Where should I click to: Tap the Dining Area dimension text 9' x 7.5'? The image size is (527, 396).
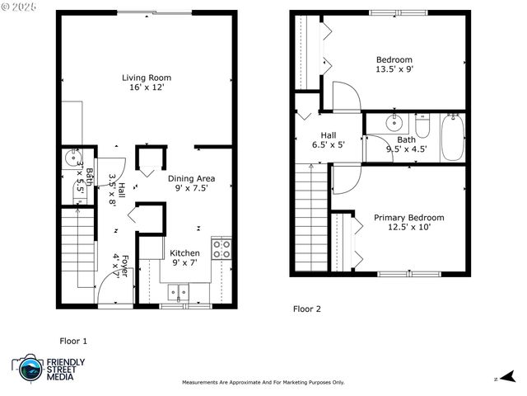[191, 189]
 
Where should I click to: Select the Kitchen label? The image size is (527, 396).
[184, 253]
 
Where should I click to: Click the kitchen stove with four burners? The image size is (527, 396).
[222, 249]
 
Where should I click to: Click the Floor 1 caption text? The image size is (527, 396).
[73, 341]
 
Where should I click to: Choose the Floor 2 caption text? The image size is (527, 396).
[307, 309]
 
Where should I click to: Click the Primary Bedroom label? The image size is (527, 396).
[409, 218]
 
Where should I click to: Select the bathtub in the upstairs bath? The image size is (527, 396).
[453, 137]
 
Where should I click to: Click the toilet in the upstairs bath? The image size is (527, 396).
[422, 126]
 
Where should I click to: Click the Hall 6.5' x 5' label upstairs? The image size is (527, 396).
[329, 139]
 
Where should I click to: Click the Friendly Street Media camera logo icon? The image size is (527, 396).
[29, 368]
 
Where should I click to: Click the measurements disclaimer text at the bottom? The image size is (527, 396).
[263, 382]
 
